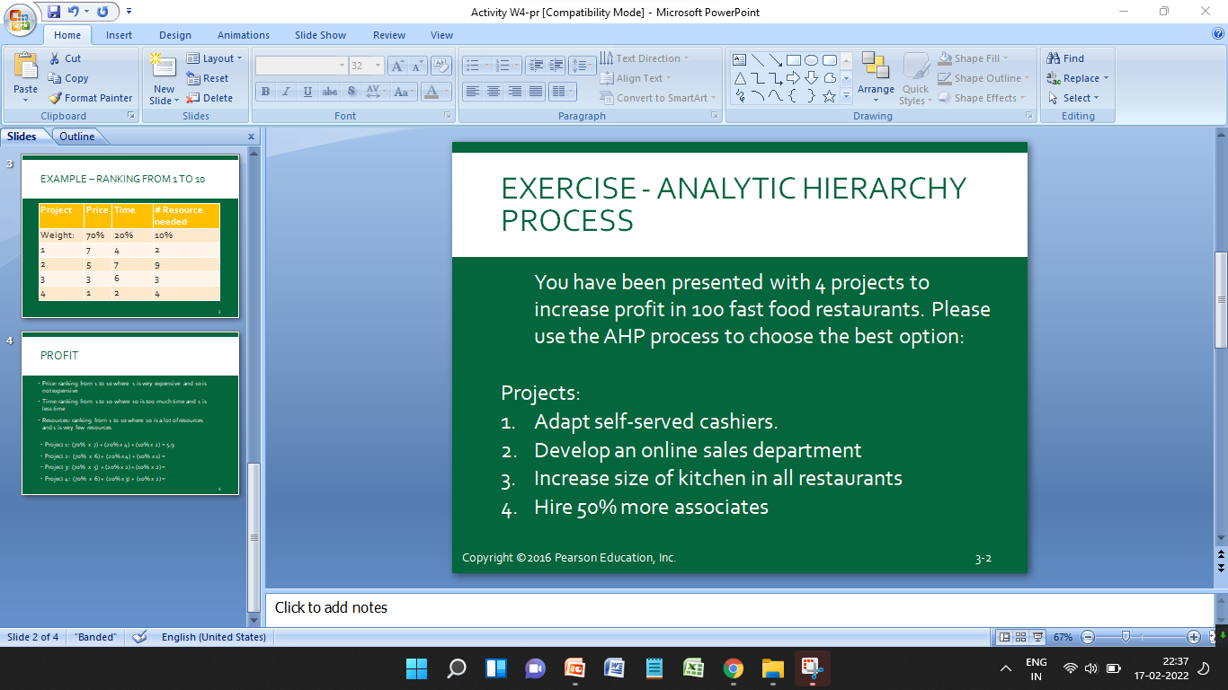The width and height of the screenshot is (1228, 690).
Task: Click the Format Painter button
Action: click(90, 98)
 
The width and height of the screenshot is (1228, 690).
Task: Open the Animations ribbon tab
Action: click(243, 35)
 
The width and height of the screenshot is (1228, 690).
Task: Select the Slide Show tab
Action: click(320, 35)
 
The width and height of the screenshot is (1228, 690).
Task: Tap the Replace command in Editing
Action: click(1079, 78)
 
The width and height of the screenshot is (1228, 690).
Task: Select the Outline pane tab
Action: click(77, 137)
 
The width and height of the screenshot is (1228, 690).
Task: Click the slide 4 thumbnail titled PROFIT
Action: click(130, 413)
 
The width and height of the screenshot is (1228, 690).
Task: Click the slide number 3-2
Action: click(983, 559)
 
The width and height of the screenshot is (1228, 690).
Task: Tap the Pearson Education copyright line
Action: click(569, 558)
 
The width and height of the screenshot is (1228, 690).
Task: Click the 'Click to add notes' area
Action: click(737, 608)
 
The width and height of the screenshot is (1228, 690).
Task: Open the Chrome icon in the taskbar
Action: click(734, 668)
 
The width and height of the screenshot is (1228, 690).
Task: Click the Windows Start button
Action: click(416, 668)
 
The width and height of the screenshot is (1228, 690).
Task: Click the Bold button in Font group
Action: click(265, 92)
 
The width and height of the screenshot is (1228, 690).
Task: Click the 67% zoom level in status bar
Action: click(1063, 637)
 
